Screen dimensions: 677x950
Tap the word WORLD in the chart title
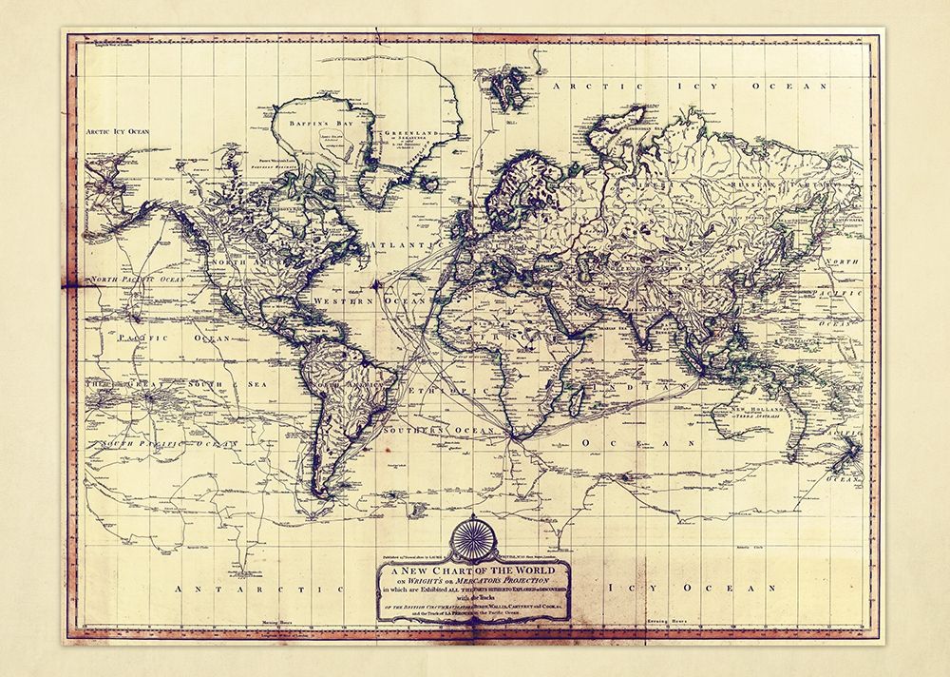coord(527,570)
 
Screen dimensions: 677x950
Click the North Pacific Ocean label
coord(139,280)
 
